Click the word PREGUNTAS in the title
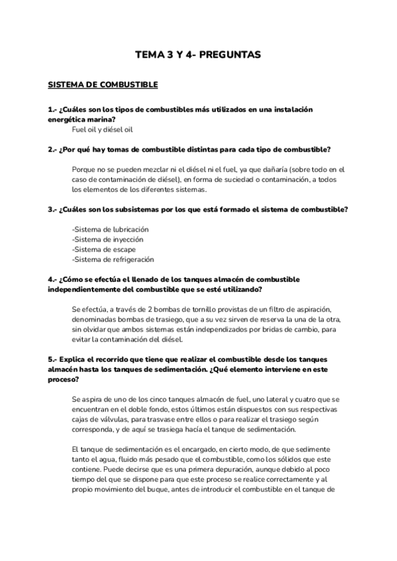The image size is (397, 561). [230, 55]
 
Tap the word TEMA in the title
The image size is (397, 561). [147, 55]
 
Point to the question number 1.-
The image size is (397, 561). [52, 108]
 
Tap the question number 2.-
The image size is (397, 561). [52, 150]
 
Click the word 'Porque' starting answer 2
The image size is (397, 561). [84, 169]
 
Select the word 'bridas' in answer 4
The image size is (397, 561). [278, 329]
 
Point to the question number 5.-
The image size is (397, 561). [52, 359]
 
